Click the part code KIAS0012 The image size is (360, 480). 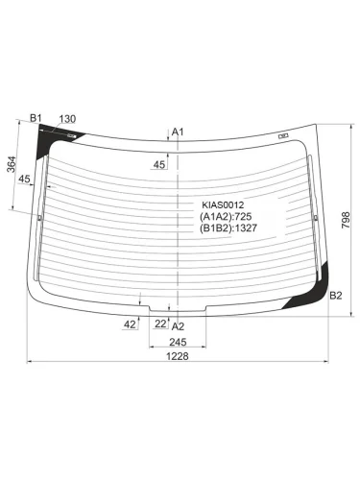tap(223, 204)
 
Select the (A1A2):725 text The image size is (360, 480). tap(226, 217)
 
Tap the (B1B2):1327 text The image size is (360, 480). tap(228, 228)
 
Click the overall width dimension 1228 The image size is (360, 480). tap(178, 356)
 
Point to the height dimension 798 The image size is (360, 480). tap(346, 220)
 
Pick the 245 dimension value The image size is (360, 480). tap(178, 342)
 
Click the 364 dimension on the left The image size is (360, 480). tap(12, 164)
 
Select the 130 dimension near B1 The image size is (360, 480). tap(67, 119)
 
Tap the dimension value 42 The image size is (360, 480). tap(130, 324)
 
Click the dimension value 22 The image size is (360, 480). tap(160, 324)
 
